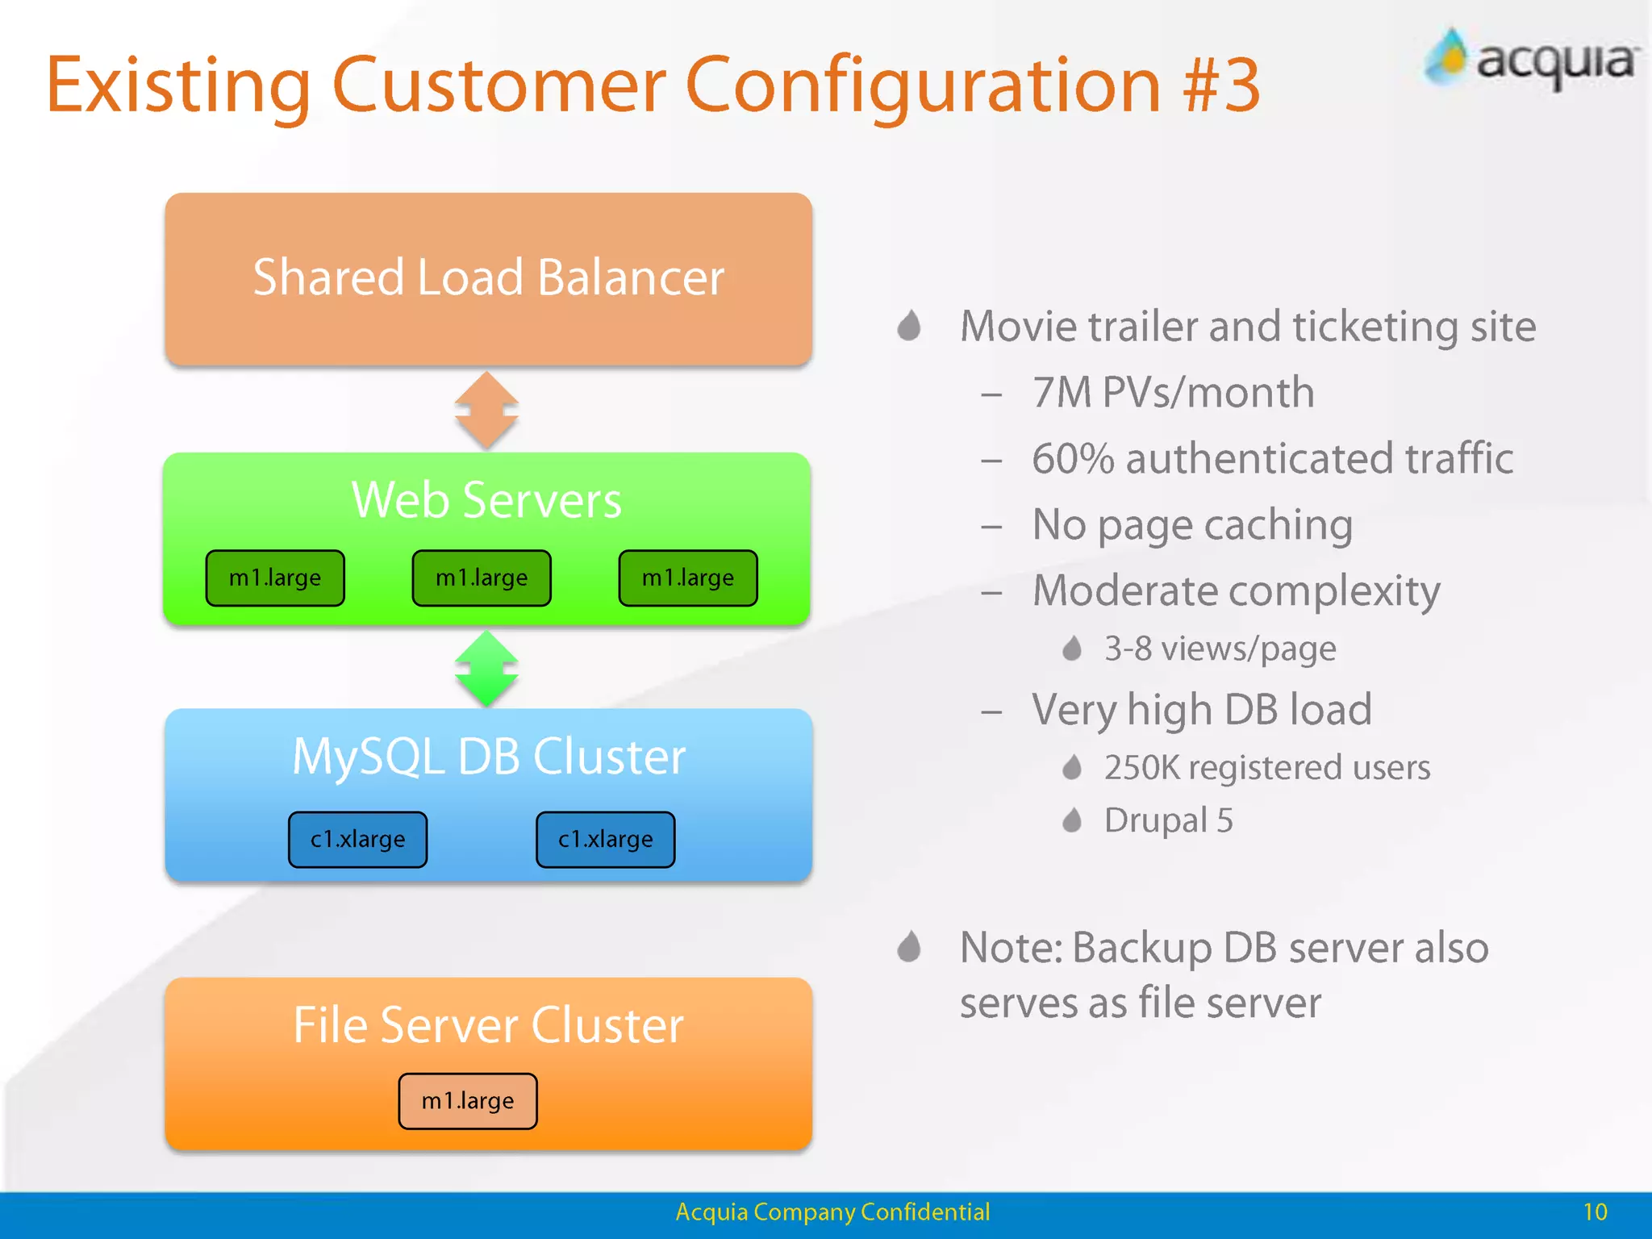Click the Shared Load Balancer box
point(488,279)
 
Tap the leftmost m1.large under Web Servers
point(275,578)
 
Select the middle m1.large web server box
point(482,578)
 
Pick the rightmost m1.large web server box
point(688,578)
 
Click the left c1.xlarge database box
point(357,839)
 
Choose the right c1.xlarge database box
point(605,839)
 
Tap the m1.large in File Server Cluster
point(467,1100)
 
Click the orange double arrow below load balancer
point(486,410)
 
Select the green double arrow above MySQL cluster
point(486,669)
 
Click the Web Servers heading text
point(486,500)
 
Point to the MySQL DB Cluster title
point(488,757)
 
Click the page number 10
point(1595,1212)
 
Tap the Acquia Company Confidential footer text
point(832,1212)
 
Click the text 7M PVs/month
point(1173,393)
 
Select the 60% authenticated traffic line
point(1272,459)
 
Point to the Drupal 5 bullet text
point(1168,820)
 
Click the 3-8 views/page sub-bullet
point(1220,649)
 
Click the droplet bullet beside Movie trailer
point(909,326)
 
